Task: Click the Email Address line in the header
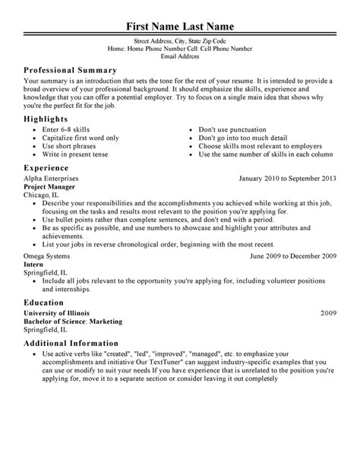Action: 179,55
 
